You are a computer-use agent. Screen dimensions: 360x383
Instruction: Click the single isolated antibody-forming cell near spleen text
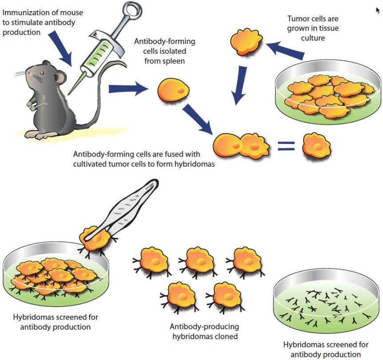(x=173, y=91)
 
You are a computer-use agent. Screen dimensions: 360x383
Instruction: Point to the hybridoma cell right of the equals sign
(x=317, y=146)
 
